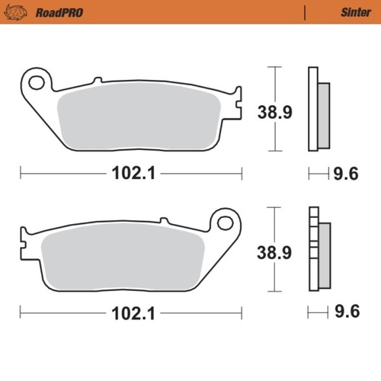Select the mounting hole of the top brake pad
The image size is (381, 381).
pyautogui.click(x=35, y=80)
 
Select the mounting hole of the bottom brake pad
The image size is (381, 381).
pyautogui.click(x=224, y=223)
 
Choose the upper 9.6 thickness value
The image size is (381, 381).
pyautogui.click(x=347, y=174)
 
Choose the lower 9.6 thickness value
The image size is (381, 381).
pyautogui.click(x=347, y=312)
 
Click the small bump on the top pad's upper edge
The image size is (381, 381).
pyautogui.click(x=96, y=79)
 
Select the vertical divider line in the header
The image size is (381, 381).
pyautogui.click(x=305, y=12)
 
